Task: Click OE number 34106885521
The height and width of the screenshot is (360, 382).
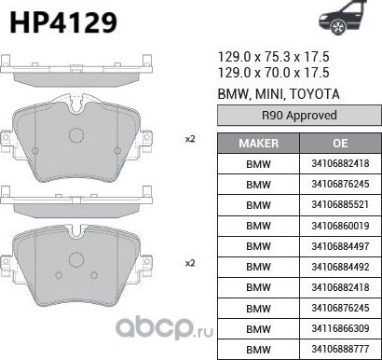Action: click(339, 205)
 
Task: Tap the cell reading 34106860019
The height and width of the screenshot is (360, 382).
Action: click(339, 226)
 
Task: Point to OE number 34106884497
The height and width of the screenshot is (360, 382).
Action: click(339, 246)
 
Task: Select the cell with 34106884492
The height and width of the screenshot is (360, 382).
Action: click(339, 267)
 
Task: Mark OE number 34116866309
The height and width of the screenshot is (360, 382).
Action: click(339, 328)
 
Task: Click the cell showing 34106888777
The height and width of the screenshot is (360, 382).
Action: click(339, 349)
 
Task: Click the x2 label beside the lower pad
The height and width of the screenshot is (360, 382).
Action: click(190, 263)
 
